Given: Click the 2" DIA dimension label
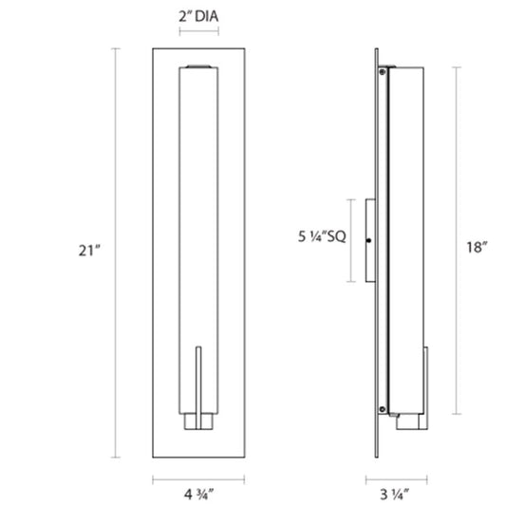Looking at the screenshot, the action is pyautogui.click(x=198, y=16).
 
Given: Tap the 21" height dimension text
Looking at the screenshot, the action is pyautogui.click(x=89, y=251).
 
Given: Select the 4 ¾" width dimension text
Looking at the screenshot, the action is pyautogui.click(x=198, y=495).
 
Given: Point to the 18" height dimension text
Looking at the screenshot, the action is pyautogui.click(x=477, y=247).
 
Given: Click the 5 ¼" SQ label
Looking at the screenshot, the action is pyautogui.click(x=322, y=236).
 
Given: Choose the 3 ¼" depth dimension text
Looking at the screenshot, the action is pyautogui.click(x=395, y=495).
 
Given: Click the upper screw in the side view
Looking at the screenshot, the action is pyautogui.click(x=383, y=72).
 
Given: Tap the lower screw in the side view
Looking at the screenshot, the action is pyautogui.click(x=383, y=409).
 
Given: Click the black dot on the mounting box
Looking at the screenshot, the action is pyautogui.click(x=369, y=240).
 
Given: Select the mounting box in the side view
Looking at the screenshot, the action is pyautogui.click(x=370, y=240).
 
